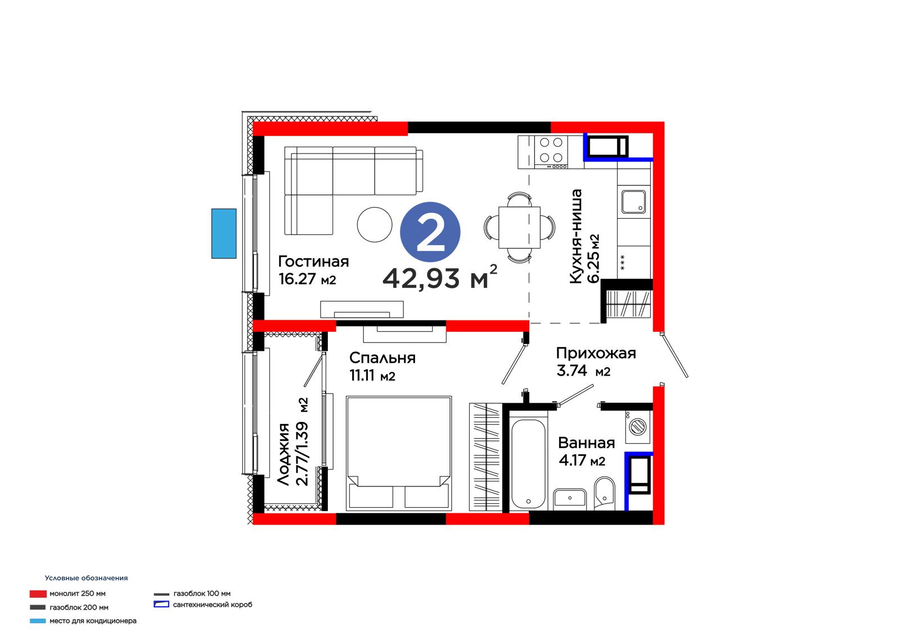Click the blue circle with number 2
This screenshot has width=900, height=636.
(430, 232)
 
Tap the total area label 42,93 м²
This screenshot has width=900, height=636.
(440, 277)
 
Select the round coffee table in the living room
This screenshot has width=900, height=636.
(375, 224)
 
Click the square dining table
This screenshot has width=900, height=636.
(520, 227)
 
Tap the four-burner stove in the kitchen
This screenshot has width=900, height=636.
(551, 152)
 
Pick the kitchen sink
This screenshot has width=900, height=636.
(633, 201)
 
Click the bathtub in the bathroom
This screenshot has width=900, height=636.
(528, 464)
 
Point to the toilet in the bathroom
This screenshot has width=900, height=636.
(604, 493)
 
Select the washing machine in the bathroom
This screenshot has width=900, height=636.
(638, 427)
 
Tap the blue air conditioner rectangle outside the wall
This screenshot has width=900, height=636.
(224, 233)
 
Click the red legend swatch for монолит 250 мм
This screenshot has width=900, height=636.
(38, 594)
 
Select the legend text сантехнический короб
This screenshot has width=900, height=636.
(213, 605)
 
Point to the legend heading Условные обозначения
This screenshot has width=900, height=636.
(87, 578)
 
